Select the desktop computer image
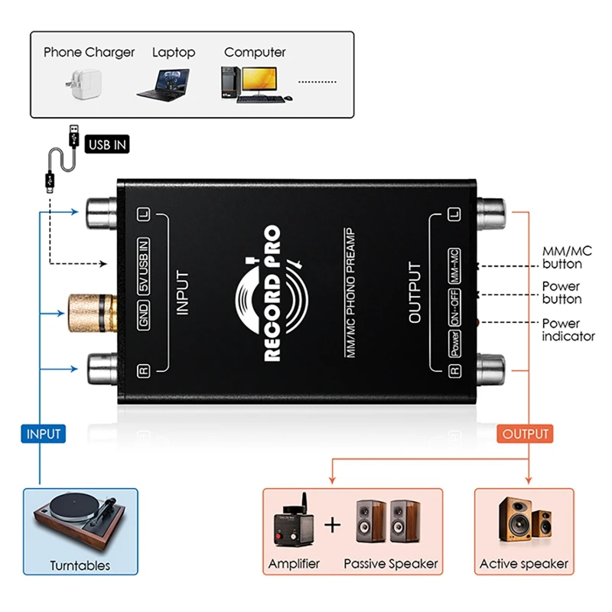point(255,83)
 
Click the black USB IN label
point(107,144)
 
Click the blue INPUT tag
point(44,434)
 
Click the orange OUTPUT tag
point(526,434)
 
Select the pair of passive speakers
point(390,522)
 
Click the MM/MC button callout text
point(565,258)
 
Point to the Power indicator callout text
point(568,330)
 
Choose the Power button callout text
point(562,293)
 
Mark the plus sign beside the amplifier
point(331,526)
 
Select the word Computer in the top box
point(255,52)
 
